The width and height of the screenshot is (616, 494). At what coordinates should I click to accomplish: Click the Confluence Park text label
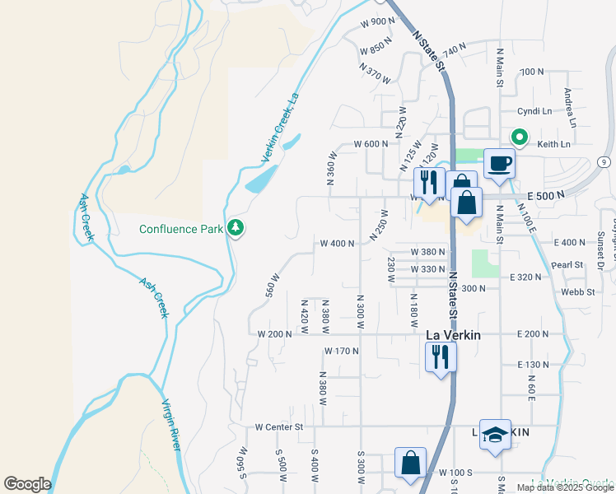180,229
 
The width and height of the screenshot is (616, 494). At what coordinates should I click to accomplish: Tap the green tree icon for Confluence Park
236,227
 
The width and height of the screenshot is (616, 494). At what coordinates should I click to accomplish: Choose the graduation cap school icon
495,436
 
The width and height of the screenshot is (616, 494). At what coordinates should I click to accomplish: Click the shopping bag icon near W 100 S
410,463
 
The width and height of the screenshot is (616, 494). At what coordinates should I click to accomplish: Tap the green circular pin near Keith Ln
520,137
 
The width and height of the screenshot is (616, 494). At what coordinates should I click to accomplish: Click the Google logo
27,483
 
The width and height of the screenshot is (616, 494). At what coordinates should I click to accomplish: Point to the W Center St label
279,427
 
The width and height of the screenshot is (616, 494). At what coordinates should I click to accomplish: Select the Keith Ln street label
553,144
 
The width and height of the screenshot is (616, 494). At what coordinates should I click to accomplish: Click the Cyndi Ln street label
534,111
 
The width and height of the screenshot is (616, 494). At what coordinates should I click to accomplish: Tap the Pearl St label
567,265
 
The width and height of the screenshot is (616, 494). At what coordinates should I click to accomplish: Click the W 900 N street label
378,21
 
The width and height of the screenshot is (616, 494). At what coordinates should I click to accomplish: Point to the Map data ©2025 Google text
564,487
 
